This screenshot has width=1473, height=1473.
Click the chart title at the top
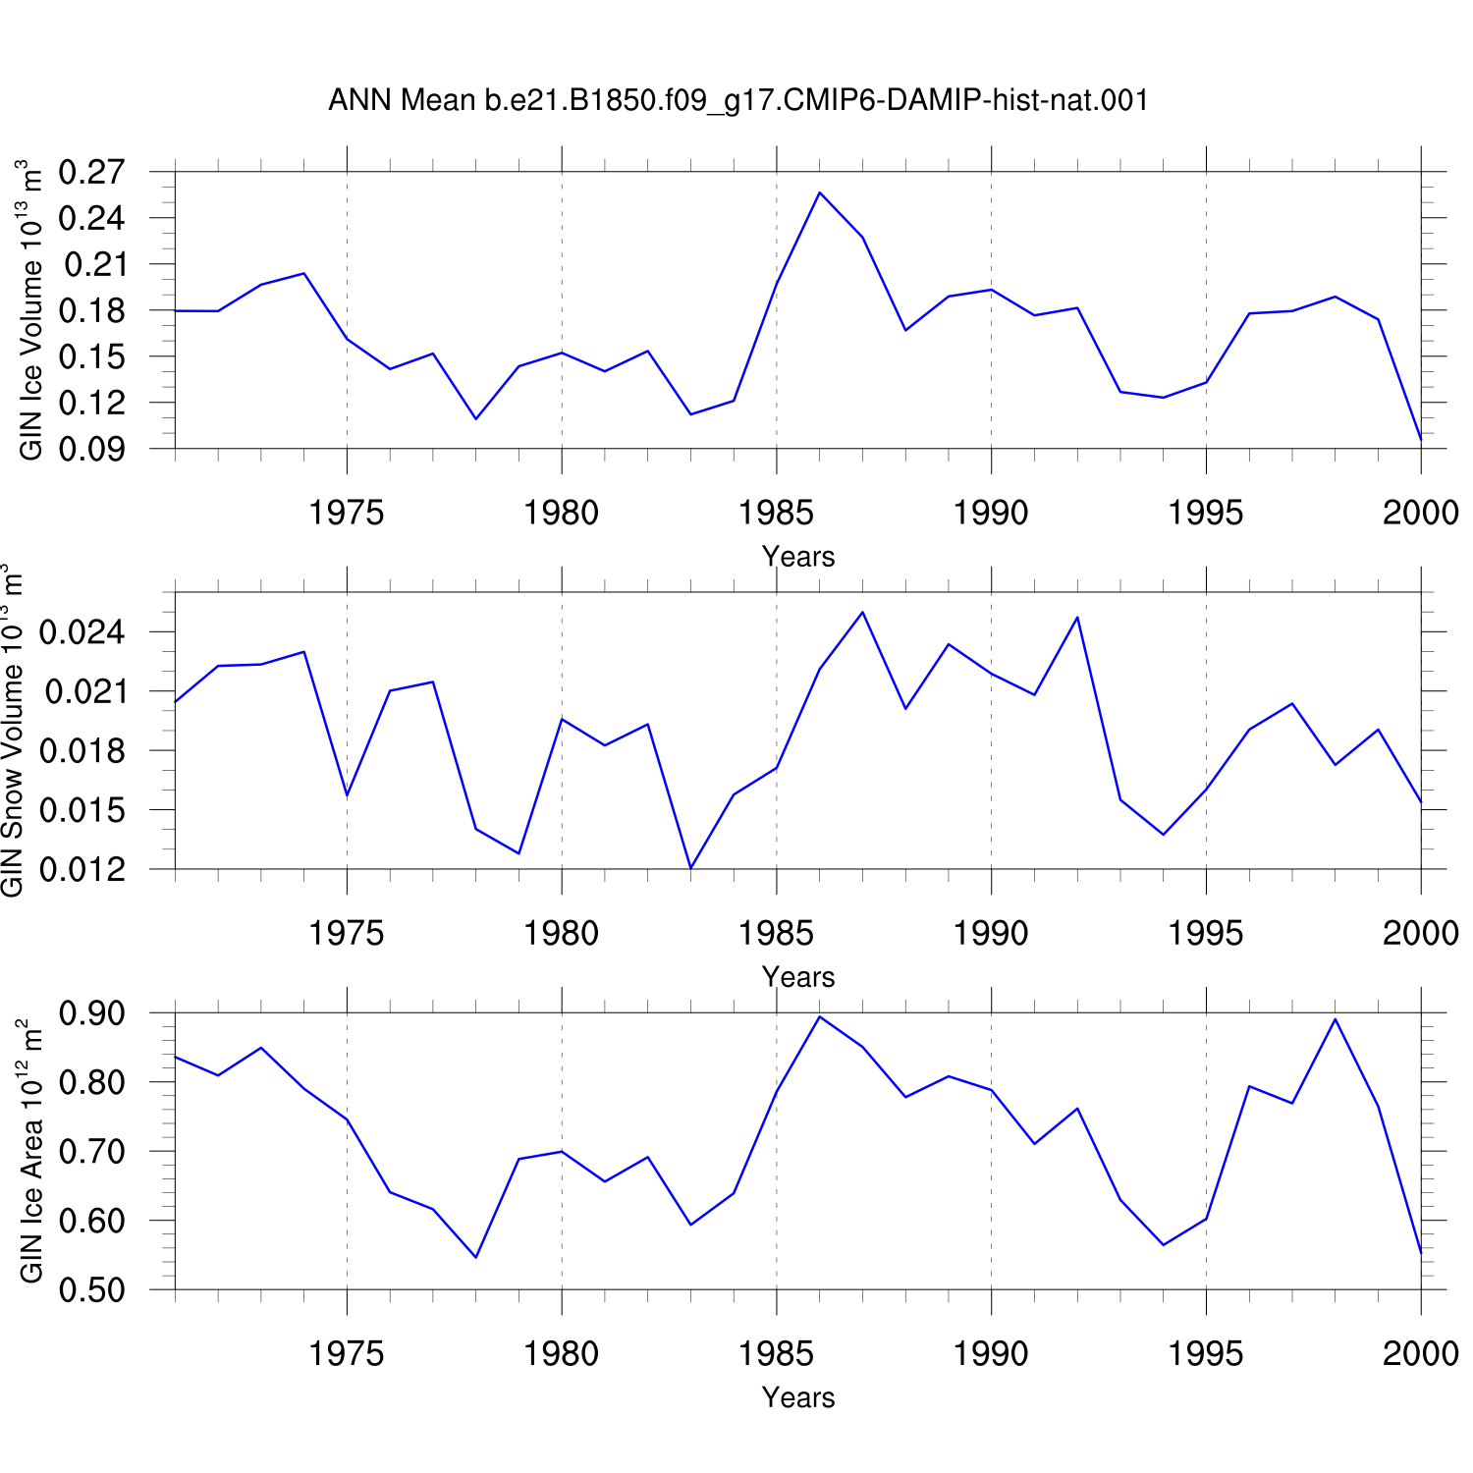click(x=738, y=100)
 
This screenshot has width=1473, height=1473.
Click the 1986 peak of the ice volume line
click(x=820, y=192)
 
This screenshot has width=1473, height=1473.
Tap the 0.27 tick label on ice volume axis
click(x=92, y=172)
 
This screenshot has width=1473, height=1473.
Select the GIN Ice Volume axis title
click(x=31, y=309)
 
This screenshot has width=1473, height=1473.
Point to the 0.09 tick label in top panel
click(x=92, y=449)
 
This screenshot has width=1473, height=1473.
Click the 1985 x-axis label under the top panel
click(x=776, y=512)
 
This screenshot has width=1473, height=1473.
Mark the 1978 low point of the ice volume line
click(x=476, y=419)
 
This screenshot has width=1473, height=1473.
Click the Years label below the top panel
click(x=798, y=557)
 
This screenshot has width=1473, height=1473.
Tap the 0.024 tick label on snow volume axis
click(x=82, y=631)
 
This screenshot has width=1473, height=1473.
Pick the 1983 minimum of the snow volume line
click(x=691, y=868)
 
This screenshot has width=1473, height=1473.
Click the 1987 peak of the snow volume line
click(x=862, y=613)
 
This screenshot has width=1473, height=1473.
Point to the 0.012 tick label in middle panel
click(x=82, y=869)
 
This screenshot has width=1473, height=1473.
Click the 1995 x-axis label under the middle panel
click(x=1206, y=932)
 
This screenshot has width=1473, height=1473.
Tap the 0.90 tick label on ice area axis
click(x=92, y=1012)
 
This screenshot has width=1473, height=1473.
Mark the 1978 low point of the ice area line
click(x=476, y=1257)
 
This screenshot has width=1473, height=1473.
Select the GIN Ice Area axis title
click(x=31, y=1151)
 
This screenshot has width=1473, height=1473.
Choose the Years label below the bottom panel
click(x=798, y=1397)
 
